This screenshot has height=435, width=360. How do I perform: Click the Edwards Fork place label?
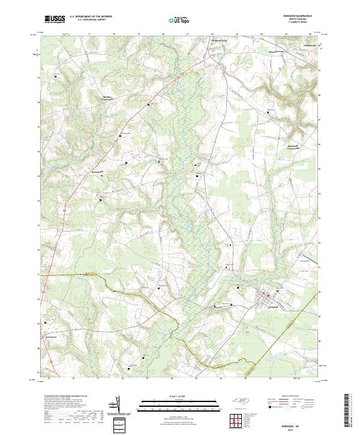[x=274, y=52]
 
